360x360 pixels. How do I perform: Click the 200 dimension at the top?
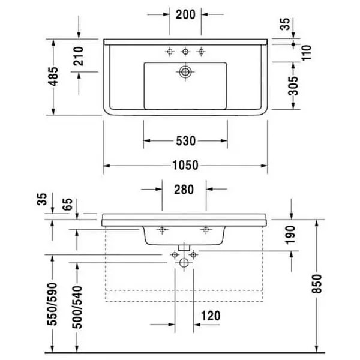[x=185, y=14]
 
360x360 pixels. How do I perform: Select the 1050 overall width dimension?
[x=185, y=166]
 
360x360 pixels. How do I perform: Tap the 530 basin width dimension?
[x=186, y=141]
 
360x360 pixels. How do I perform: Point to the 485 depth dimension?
[x=53, y=76]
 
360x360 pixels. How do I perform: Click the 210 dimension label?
[x=79, y=56]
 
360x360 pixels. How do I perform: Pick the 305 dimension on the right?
[x=293, y=86]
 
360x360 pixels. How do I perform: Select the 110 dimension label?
[x=307, y=53]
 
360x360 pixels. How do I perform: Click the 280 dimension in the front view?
[x=184, y=190]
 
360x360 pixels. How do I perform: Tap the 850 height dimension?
[x=317, y=284]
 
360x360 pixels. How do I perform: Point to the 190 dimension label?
[x=290, y=235]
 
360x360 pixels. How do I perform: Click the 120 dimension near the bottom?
[x=211, y=316]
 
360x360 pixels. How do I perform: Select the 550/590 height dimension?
[x=52, y=304]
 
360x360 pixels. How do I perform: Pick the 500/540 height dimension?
[x=77, y=307]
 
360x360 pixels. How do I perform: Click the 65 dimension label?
[x=67, y=204]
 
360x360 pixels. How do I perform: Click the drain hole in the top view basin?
[x=185, y=72]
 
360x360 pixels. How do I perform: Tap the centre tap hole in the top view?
[x=185, y=52]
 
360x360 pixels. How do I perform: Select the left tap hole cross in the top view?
[x=170, y=52]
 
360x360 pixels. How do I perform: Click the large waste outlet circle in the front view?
[x=184, y=263]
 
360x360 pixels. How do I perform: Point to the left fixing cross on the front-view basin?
[x=163, y=230]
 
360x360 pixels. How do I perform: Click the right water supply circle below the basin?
[x=194, y=254]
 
